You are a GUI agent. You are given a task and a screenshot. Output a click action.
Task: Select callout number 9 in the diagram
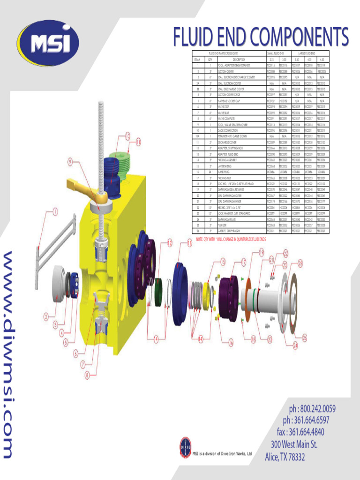pyautogui.click(x=70, y=162)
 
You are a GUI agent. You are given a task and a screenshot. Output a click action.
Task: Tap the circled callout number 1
pyautogui.click(x=55, y=212)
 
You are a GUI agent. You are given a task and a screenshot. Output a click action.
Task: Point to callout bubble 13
pyautogui.click(x=189, y=243)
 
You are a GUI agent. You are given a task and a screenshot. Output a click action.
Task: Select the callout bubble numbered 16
pyautogui.click(x=230, y=343)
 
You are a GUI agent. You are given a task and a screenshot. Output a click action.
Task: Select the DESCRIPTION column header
pyautogui.click(x=239, y=60)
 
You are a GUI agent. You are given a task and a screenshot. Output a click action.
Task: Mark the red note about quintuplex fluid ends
pyautogui.click(x=231, y=239)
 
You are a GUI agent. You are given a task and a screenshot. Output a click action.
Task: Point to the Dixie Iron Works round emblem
pyautogui.click(x=186, y=447)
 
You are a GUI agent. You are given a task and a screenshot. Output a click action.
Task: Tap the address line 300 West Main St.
pyautogui.click(x=294, y=444)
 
